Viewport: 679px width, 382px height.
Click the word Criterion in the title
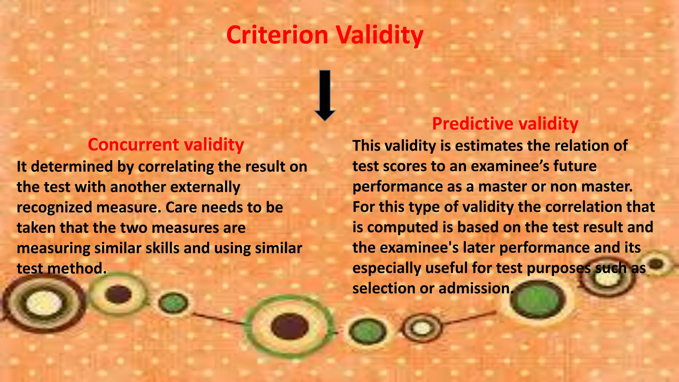coord(277,35)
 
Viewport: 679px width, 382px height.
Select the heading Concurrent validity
coord(166,145)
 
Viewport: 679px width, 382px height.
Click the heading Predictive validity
coord(505,124)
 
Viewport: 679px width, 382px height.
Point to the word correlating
coord(176,166)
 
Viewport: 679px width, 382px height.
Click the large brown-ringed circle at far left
coord(43,303)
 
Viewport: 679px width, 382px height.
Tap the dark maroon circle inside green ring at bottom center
coord(289,326)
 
